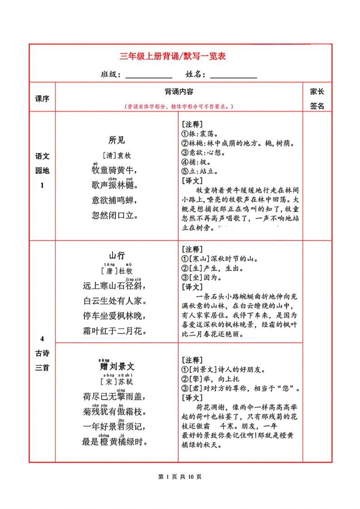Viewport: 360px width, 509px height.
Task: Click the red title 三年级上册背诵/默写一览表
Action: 173,57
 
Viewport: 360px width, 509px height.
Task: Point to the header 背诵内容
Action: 179,92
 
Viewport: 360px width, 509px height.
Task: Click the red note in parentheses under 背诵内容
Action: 179,106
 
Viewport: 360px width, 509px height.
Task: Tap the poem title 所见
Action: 117,140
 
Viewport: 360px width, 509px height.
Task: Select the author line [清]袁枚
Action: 117,155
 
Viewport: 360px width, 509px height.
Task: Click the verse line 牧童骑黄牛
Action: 114,170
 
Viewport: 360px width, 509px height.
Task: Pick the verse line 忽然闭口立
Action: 114,215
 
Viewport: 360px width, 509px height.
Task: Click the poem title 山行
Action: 117,255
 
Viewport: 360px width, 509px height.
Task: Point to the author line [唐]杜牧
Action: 117,271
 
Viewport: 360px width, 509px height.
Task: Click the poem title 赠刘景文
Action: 117,366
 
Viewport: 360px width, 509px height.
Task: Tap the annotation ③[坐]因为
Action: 202,277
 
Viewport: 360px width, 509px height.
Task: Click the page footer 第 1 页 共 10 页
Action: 179,476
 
